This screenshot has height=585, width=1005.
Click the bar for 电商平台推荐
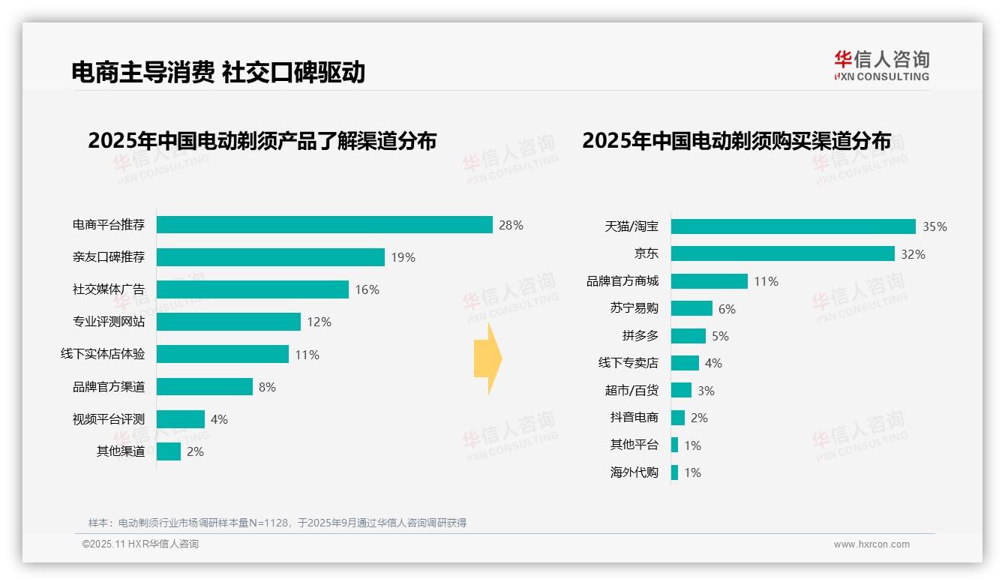point(324,225)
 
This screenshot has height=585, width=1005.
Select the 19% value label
point(403,257)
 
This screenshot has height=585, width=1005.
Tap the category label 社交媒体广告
point(109,289)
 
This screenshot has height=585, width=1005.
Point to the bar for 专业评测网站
point(229,322)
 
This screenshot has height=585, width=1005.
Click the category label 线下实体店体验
point(103,354)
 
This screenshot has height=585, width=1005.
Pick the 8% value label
point(267,387)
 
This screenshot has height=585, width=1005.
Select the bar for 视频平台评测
point(181,419)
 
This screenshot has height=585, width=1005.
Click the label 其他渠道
point(121,451)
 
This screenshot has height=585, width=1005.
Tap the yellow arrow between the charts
point(487,358)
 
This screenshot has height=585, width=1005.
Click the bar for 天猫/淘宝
point(793,226)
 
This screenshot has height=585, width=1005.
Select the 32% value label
point(913,254)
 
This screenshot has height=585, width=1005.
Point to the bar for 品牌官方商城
point(709,281)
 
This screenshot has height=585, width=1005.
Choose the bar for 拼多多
point(688,336)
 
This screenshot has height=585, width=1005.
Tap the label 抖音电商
point(634,418)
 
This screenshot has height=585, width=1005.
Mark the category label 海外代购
point(634,472)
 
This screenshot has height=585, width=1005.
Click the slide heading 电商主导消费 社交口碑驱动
point(218,72)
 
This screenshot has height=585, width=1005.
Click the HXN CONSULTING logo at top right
point(881,65)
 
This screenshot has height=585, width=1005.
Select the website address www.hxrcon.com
point(871,544)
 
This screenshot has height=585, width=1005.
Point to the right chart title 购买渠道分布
point(736,141)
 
